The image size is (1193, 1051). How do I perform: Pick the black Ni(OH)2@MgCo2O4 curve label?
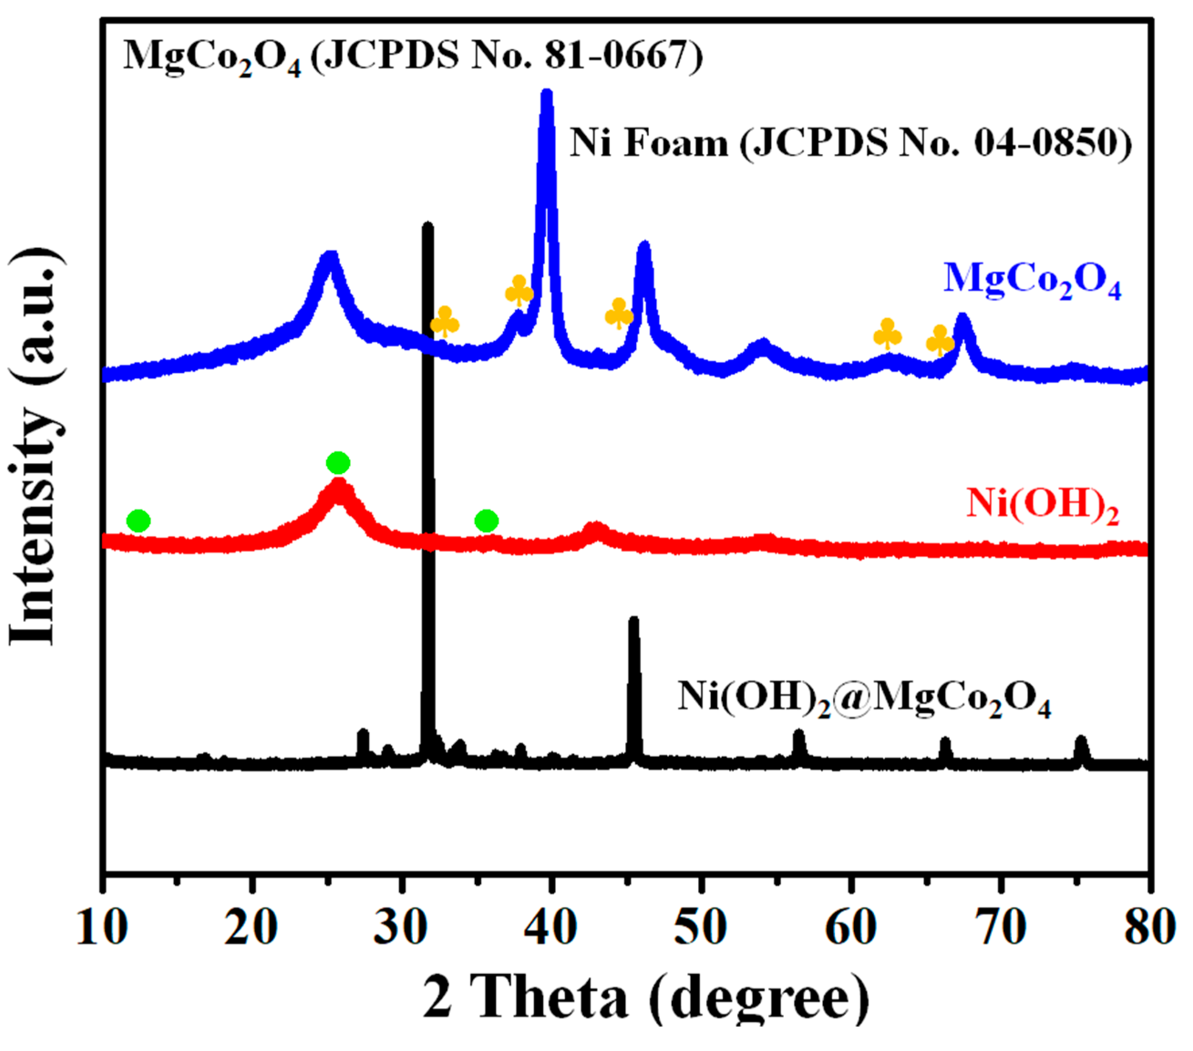coord(864,698)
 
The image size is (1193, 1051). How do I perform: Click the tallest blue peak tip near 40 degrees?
coord(547,93)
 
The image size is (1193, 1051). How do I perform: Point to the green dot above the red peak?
coord(338,463)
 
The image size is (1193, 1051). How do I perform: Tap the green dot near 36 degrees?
coord(487,520)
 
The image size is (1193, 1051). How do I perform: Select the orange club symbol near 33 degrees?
coord(445,322)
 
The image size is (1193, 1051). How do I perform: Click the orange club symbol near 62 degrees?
coord(888,334)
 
